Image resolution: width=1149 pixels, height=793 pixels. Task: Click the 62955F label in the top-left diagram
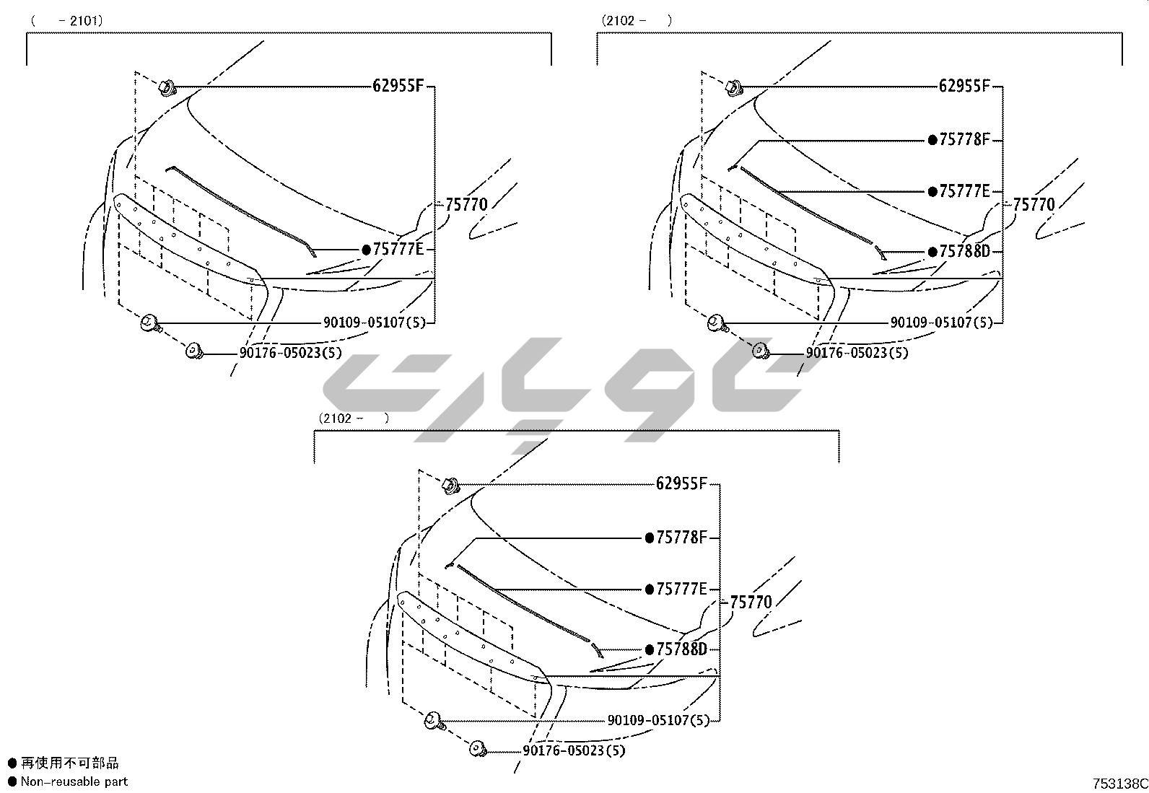click(398, 86)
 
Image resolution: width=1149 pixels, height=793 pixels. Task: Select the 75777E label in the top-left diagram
click(398, 249)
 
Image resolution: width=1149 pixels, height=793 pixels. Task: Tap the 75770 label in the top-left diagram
click(466, 205)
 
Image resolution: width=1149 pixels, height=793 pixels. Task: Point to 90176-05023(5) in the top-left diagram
click(290, 353)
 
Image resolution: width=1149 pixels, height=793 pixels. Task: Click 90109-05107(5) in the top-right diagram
click(941, 323)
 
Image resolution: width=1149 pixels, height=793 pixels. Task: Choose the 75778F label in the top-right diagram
click(964, 139)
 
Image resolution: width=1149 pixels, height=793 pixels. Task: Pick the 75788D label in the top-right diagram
click(964, 251)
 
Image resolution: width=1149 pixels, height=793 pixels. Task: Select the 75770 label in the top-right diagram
click(1034, 205)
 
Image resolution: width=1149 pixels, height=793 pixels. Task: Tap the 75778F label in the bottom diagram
click(682, 538)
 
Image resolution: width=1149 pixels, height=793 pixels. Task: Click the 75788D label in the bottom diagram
click(682, 649)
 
